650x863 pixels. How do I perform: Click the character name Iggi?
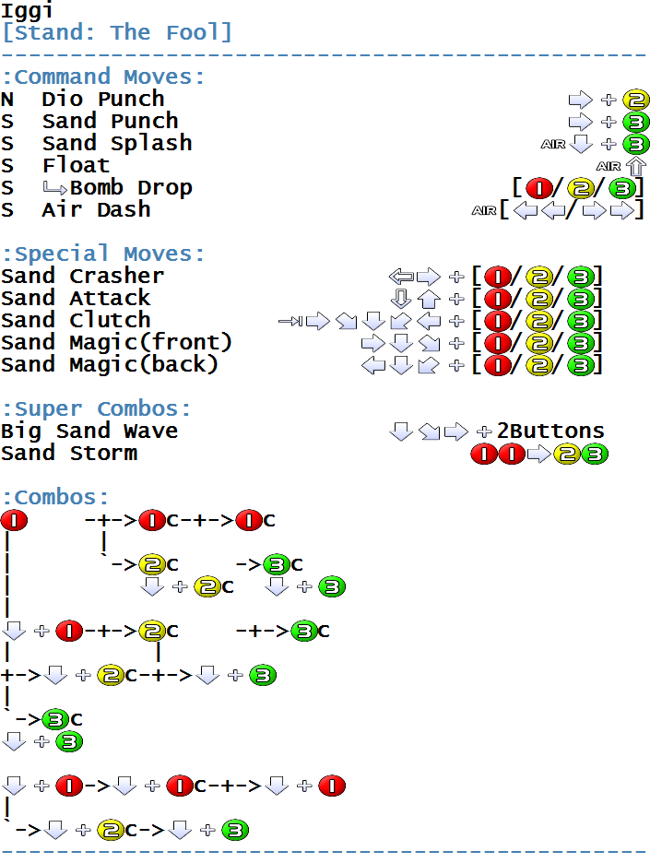pyautogui.click(x=28, y=10)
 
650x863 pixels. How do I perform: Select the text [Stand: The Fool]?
pyautogui.click(x=117, y=32)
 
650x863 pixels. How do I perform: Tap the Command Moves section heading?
pyautogui.click(x=103, y=77)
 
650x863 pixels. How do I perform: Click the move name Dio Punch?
pyautogui.click(x=103, y=99)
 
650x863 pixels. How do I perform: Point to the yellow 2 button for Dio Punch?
pyautogui.click(x=635, y=100)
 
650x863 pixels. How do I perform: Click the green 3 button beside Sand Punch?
pyautogui.click(x=635, y=123)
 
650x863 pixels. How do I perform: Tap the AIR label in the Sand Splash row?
pyautogui.click(x=553, y=144)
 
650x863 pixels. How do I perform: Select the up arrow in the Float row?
pyautogui.click(x=636, y=166)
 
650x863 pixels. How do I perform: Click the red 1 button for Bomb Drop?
pyautogui.click(x=539, y=188)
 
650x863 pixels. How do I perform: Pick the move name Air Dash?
pyautogui.click(x=96, y=209)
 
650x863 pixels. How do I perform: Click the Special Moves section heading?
pyautogui.click(x=103, y=254)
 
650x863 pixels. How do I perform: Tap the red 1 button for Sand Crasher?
pyautogui.click(x=498, y=277)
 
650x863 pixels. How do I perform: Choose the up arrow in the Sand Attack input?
pyautogui.click(x=429, y=299)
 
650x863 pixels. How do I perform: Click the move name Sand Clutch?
pyautogui.click(x=76, y=320)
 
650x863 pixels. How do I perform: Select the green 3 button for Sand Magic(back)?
pyautogui.click(x=581, y=365)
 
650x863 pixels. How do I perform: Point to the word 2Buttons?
pyautogui.click(x=550, y=431)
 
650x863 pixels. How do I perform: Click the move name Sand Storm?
pyautogui.click(x=69, y=454)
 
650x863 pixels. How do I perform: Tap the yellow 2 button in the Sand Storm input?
pyautogui.click(x=567, y=455)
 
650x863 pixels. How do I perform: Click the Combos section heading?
pyautogui.click(x=55, y=498)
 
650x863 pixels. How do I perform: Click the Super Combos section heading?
pyautogui.click(x=96, y=409)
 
